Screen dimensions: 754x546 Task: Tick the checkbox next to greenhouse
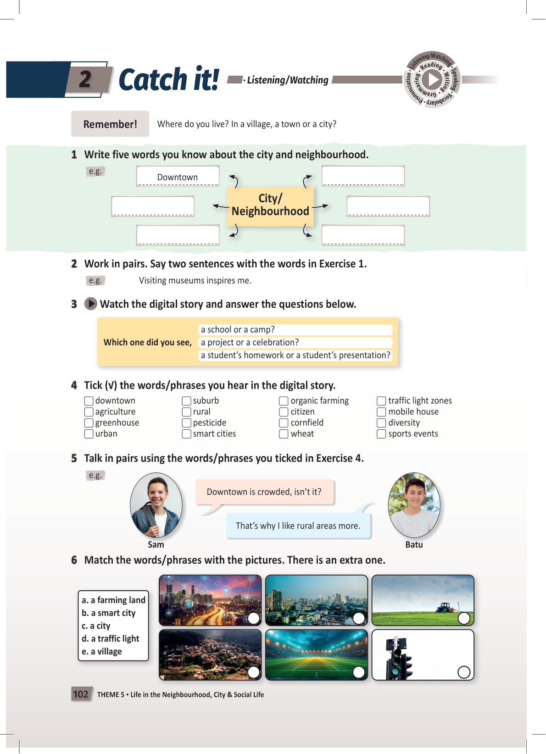pyautogui.click(x=89, y=423)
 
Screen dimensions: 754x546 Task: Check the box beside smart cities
pyautogui.click(x=187, y=434)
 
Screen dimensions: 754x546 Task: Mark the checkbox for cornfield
pyautogui.click(x=284, y=423)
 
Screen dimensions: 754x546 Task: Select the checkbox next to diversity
pyautogui.click(x=381, y=423)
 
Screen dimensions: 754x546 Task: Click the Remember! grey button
pyautogui.click(x=110, y=124)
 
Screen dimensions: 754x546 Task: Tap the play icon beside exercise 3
pyautogui.click(x=91, y=304)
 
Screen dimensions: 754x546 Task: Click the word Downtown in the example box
pyautogui.click(x=178, y=177)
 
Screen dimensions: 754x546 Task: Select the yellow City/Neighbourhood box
pyautogui.click(x=270, y=205)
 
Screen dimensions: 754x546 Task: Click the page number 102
pyautogui.click(x=81, y=694)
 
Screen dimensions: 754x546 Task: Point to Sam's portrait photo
pyautogui.click(x=156, y=505)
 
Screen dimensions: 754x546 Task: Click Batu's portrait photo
pyautogui.click(x=414, y=505)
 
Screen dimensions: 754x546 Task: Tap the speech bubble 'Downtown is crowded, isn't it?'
pyautogui.click(x=264, y=492)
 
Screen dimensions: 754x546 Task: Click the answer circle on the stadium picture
pyautogui.click(x=359, y=672)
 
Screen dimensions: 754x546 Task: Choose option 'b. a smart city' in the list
pyautogui.click(x=109, y=613)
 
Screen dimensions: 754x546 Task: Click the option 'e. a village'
pyautogui.click(x=102, y=652)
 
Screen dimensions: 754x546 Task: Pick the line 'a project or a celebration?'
pyautogui.click(x=250, y=343)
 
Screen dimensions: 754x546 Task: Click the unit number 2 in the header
pyautogui.click(x=85, y=79)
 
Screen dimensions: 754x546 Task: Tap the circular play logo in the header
pyautogui.click(x=432, y=80)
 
